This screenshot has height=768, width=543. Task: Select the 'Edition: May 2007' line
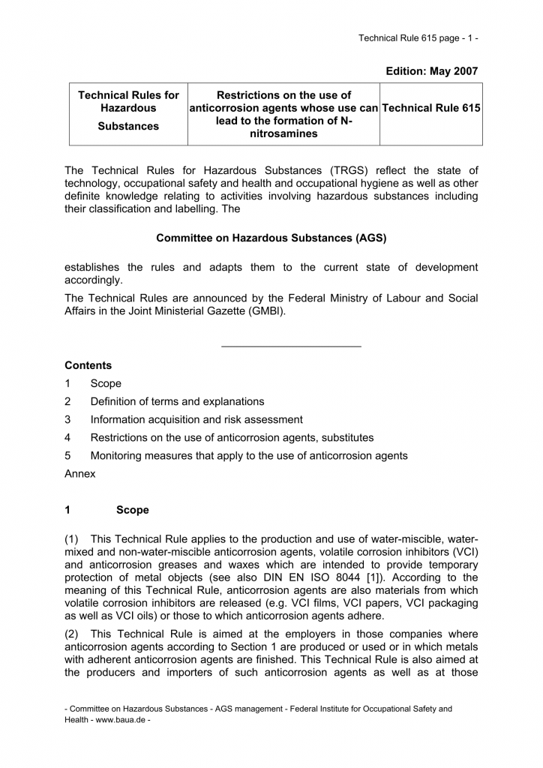pyautogui.click(x=431, y=70)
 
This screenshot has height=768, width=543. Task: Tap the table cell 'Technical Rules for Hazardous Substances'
pyautogui.click(x=129, y=110)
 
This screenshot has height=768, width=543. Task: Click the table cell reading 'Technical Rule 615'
pyautogui.click(x=431, y=108)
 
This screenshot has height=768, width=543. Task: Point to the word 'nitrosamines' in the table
pyautogui.click(x=283, y=134)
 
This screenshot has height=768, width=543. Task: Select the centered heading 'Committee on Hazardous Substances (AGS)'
pyautogui.click(x=271, y=238)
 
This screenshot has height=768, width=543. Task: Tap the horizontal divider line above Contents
pyautogui.click(x=292, y=346)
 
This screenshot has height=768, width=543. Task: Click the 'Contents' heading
pyautogui.click(x=88, y=365)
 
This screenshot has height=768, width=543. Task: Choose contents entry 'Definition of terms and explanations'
pyautogui.click(x=177, y=401)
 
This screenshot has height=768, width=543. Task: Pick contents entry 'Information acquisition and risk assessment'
pyautogui.click(x=196, y=419)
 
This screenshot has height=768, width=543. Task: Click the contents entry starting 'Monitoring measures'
pyautogui.click(x=249, y=455)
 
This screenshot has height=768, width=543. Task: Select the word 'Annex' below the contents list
pyautogui.click(x=80, y=474)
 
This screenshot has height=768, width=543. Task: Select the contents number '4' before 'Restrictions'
pyautogui.click(x=67, y=437)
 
